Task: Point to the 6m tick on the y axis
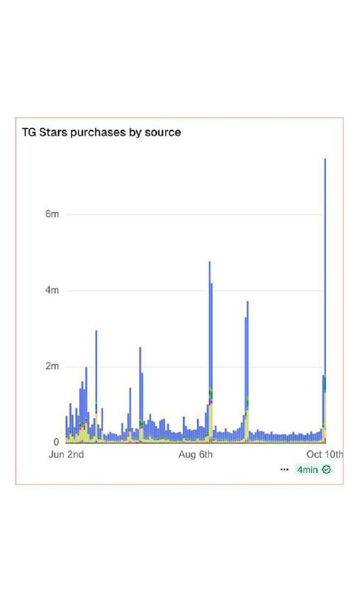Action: [52, 214]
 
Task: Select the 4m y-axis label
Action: [52, 291]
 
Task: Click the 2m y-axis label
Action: [52, 366]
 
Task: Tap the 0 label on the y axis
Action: [56, 442]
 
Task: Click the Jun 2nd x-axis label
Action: [66, 454]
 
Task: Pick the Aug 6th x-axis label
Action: [196, 454]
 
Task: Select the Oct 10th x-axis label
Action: [324, 454]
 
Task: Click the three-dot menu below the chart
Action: [284, 469]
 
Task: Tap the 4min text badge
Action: [307, 470]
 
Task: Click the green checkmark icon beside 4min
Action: [326, 470]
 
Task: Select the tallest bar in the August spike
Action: [210, 351]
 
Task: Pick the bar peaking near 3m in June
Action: [96, 386]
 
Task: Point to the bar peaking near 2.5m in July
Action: [140, 394]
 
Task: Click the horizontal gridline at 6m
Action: [195, 214]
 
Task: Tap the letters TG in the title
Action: [29, 133]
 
